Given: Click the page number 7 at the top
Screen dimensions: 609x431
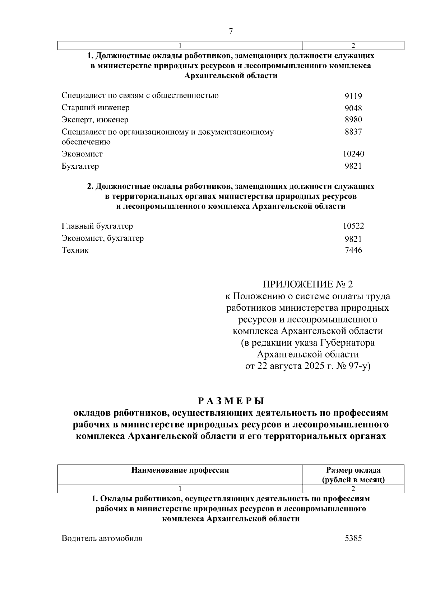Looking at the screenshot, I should pyautogui.click(x=231, y=32).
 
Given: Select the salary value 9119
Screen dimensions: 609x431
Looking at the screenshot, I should pyautogui.click(x=353, y=96).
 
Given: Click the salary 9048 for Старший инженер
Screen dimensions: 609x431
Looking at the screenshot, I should pyautogui.click(x=353, y=108).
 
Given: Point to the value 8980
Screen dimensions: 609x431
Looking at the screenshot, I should pyautogui.click(x=353, y=120).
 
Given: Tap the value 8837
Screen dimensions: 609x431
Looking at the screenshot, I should pyautogui.click(x=353, y=132).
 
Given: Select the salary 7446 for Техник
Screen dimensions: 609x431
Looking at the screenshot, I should pyautogui.click(x=353, y=250).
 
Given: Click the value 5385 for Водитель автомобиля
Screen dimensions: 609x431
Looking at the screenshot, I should pyautogui.click(x=353, y=539).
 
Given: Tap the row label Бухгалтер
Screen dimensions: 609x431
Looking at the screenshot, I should pyautogui.click(x=80, y=166).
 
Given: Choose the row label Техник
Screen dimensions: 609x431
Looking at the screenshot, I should pyautogui.click(x=75, y=250).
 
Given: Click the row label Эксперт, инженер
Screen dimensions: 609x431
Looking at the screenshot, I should pyautogui.click(x=95, y=120).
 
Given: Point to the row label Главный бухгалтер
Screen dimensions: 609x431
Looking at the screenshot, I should pyautogui.click(x=97, y=226).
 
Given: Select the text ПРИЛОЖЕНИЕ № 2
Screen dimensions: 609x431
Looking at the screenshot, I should pyautogui.click(x=308, y=285).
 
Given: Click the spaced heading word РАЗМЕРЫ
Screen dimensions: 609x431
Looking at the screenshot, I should pyautogui.click(x=231, y=400).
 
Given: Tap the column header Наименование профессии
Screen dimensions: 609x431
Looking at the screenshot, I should pyautogui.click(x=180, y=470).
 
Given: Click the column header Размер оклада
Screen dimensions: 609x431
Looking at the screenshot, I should pyautogui.click(x=353, y=470).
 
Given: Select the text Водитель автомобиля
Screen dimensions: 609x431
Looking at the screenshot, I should pyautogui.click(x=102, y=539).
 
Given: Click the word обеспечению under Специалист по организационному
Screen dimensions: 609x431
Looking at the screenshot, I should pyautogui.click(x=86, y=142).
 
